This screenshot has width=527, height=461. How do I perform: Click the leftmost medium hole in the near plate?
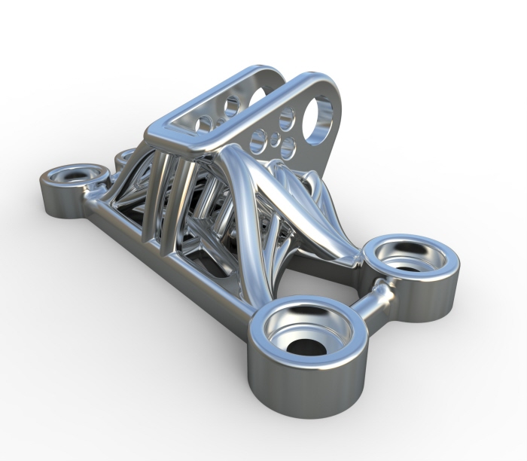pos(257,139)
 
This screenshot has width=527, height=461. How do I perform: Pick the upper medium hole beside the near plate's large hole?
pos(286,119)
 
